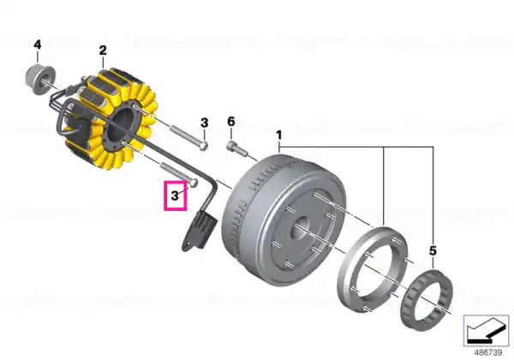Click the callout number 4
(x=38, y=45)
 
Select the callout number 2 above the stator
(x=103, y=51)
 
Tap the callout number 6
(x=231, y=122)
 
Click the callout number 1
(x=279, y=135)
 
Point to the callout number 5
(x=433, y=251)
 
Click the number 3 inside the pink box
(x=175, y=195)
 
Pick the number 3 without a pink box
(x=204, y=123)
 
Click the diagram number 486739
(x=488, y=352)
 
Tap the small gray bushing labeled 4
(x=40, y=80)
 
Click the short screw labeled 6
(x=236, y=148)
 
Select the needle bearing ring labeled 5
(x=426, y=299)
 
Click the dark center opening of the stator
(x=121, y=125)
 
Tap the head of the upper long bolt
(x=204, y=146)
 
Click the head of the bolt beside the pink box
(x=194, y=183)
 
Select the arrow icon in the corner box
(x=486, y=331)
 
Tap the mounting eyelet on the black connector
(x=188, y=245)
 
